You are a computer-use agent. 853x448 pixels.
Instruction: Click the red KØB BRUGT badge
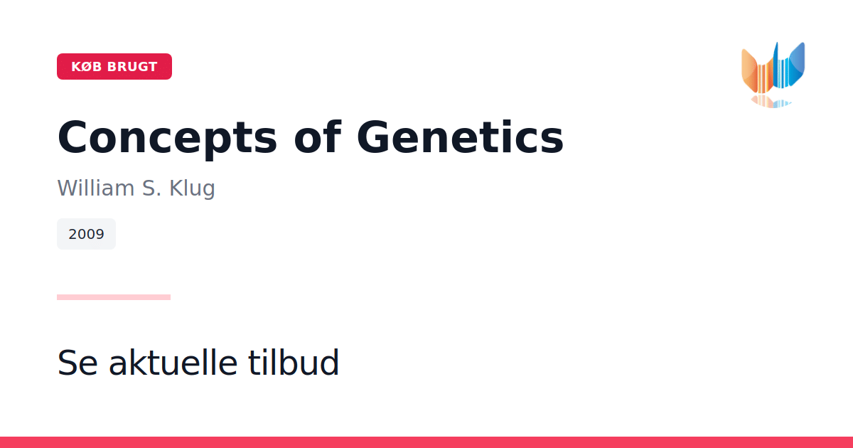coord(114,67)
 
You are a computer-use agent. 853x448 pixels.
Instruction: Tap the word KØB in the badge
coord(87,67)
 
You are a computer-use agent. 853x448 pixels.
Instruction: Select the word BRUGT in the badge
coord(132,67)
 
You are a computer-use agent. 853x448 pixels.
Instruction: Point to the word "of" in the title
coord(318,137)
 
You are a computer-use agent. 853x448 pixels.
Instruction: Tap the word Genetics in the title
coord(460,137)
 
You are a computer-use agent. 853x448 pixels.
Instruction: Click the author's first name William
coord(96,188)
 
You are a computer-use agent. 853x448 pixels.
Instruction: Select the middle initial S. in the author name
coord(152,188)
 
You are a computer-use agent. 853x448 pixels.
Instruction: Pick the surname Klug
coord(193,188)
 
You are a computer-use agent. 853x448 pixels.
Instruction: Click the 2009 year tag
coord(87,234)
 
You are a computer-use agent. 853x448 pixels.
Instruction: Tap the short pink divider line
coord(114,297)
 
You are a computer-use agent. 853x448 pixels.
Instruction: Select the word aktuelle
coord(173,362)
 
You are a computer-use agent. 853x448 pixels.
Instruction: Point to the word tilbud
coord(294,362)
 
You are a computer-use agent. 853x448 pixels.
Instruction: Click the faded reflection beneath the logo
coord(771,102)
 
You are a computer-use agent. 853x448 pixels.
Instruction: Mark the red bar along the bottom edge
coord(426,442)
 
